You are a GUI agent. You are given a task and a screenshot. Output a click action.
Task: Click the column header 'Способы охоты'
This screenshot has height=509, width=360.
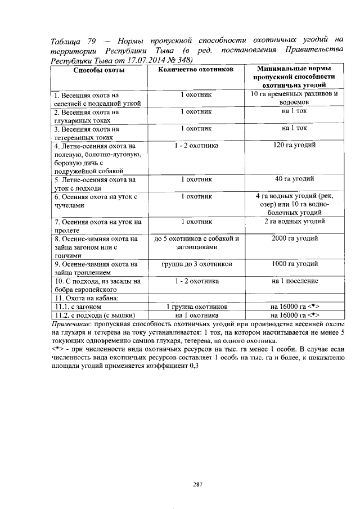98,70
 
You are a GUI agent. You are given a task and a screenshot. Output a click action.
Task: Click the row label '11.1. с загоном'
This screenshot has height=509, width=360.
78,307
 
